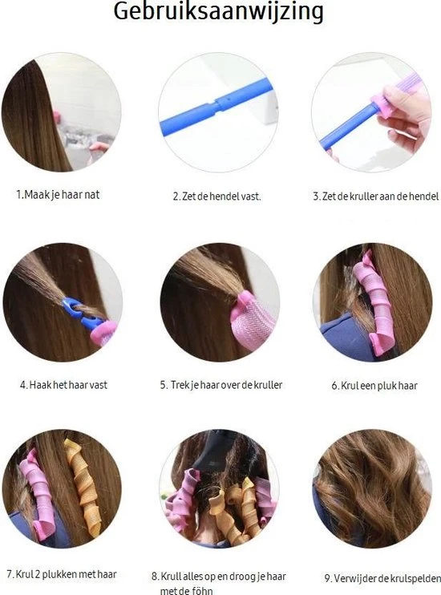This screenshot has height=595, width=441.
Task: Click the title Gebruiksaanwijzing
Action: pyautogui.click(x=218, y=12)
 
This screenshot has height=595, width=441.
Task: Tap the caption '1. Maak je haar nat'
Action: pyautogui.click(x=58, y=195)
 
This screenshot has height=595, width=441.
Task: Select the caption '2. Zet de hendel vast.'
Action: pyautogui.click(x=217, y=196)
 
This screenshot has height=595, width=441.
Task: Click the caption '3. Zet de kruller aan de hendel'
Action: pyautogui.click(x=376, y=196)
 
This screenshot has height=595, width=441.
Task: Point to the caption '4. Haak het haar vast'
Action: pyautogui.click(x=63, y=385)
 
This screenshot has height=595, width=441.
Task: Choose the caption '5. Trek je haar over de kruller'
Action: pyautogui.click(x=220, y=385)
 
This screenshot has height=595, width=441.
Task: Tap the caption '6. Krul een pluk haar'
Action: pyautogui.click(x=374, y=386)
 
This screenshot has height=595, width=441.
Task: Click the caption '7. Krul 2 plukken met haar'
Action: pyautogui.click(x=62, y=574)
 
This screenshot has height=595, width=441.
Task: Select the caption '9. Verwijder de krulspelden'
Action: pyautogui.click(x=382, y=578)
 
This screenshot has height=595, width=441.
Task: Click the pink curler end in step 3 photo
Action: pyautogui.click(x=383, y=103)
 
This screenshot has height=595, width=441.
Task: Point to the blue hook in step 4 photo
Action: pyautogui.click(x=81, y=313)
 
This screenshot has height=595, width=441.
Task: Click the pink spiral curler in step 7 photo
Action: pyautogui.click(x=37, y=493)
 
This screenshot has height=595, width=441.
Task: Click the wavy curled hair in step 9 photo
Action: pyautogui.click(x=372, y=489)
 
